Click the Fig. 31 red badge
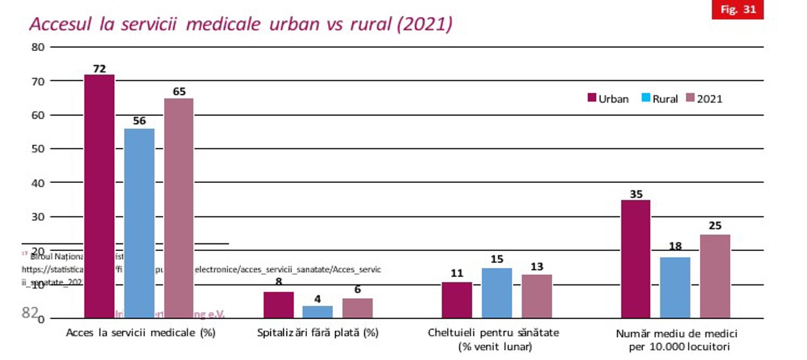coord(737,10)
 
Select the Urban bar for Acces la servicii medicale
coord(99,195)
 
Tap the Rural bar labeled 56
coord(139,223)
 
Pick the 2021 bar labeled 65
coord(179,208)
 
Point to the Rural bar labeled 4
coord(318,311)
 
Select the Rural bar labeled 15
coord(497,293)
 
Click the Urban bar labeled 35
coord(636,258)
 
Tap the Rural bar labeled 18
coord(675,287)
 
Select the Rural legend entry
coord(659,99)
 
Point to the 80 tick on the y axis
coord(37,47)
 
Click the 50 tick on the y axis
coord(37,149)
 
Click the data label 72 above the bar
coord(99,69)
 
